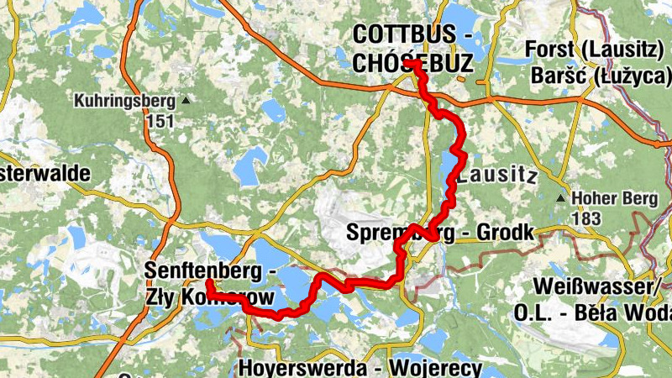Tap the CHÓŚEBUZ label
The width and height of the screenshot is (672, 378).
point(412,63)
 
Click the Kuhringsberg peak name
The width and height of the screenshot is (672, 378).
point(125,102)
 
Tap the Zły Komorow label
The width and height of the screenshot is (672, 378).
point(211,297)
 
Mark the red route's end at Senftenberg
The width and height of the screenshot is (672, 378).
point(207,282)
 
